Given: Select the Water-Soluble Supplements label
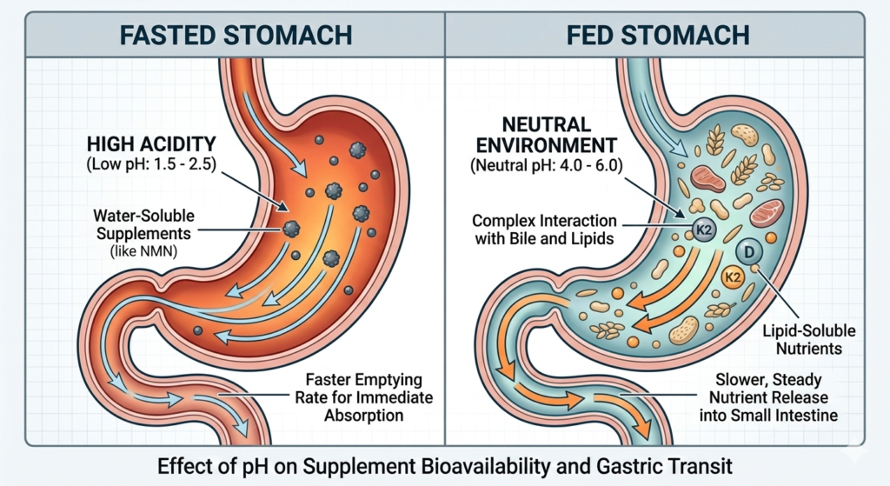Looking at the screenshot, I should pyautogui.click(x=143, y=224).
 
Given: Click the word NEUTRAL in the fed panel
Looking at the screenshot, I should pyautogui.click(x=538, y=123).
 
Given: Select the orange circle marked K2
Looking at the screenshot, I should pyautogui.click(x=734, y=279).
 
